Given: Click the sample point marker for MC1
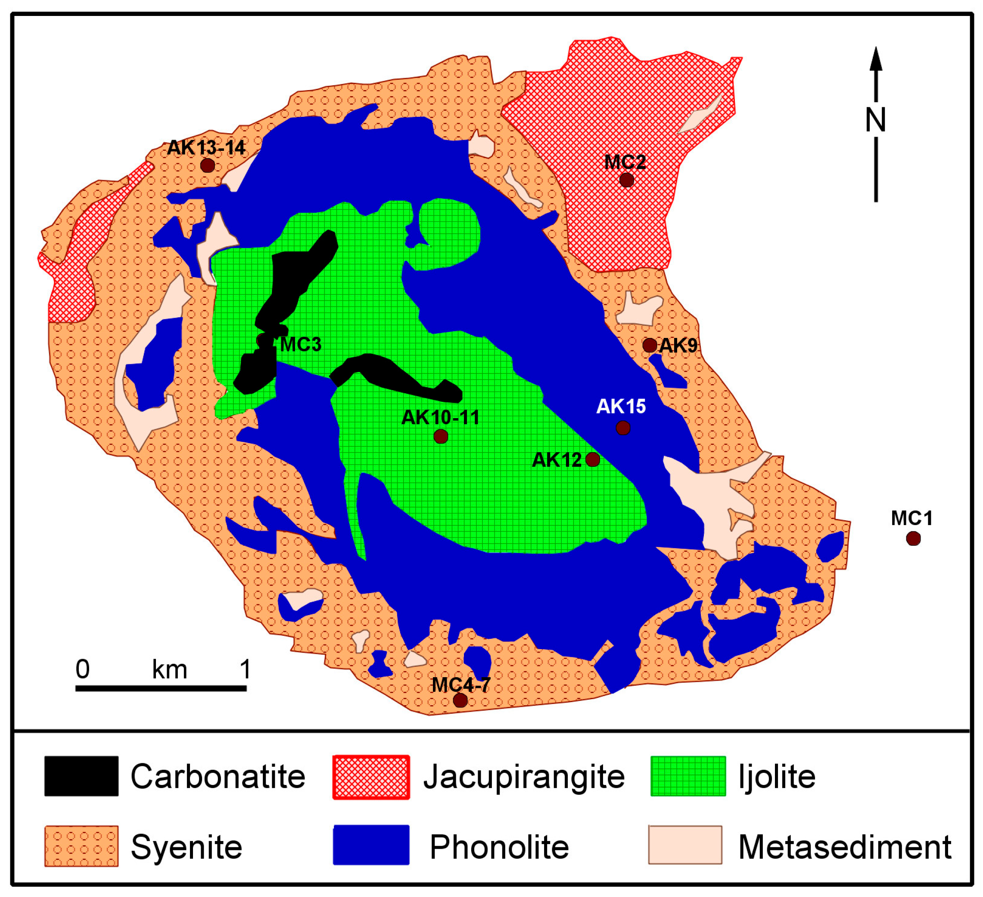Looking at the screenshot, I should (x=913, y=538).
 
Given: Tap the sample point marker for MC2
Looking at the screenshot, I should (x=627, y=180).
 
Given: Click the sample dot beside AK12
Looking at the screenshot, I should (x=592, y=459).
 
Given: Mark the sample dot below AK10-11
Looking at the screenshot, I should (x=441, y=436).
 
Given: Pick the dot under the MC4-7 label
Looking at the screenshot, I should (x=460, y=700).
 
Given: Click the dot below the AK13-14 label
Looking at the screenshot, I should (x=208, y=166).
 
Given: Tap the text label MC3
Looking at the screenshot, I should (x=301, y=344).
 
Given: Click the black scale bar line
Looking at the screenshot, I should (x=161, y=688).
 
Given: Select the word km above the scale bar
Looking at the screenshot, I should (x=170, y=669).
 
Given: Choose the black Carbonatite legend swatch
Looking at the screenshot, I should (x=81, y=776).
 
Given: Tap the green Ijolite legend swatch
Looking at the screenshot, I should (x=688, y=776).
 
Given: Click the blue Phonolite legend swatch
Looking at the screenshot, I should (x=371, y=845).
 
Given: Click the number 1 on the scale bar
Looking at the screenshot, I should (x=245, y=669).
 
